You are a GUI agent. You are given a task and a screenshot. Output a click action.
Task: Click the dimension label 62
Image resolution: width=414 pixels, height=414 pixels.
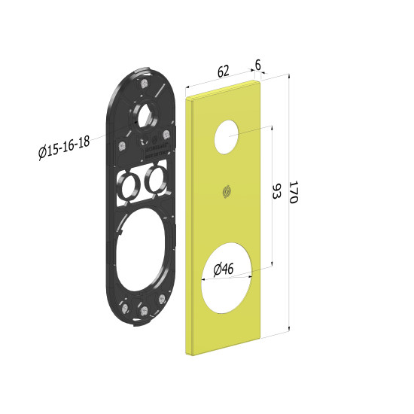coord(223,71)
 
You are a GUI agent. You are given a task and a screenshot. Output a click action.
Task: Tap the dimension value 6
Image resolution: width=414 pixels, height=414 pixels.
coord(258,65)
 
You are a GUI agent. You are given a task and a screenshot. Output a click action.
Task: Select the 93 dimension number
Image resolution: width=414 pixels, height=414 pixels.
coord(277,192)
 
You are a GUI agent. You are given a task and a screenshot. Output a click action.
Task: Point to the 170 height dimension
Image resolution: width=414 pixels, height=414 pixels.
coord(293,192)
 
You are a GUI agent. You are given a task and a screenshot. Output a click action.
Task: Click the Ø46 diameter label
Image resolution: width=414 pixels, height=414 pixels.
coord(224,269)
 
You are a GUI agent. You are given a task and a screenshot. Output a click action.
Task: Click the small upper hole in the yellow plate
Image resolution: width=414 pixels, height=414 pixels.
coord(227,136)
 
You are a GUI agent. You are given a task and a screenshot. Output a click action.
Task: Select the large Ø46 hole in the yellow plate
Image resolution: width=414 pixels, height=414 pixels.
coord(227,279)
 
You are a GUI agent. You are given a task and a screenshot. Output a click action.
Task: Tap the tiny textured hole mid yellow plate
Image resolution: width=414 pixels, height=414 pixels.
coord(227,191)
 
